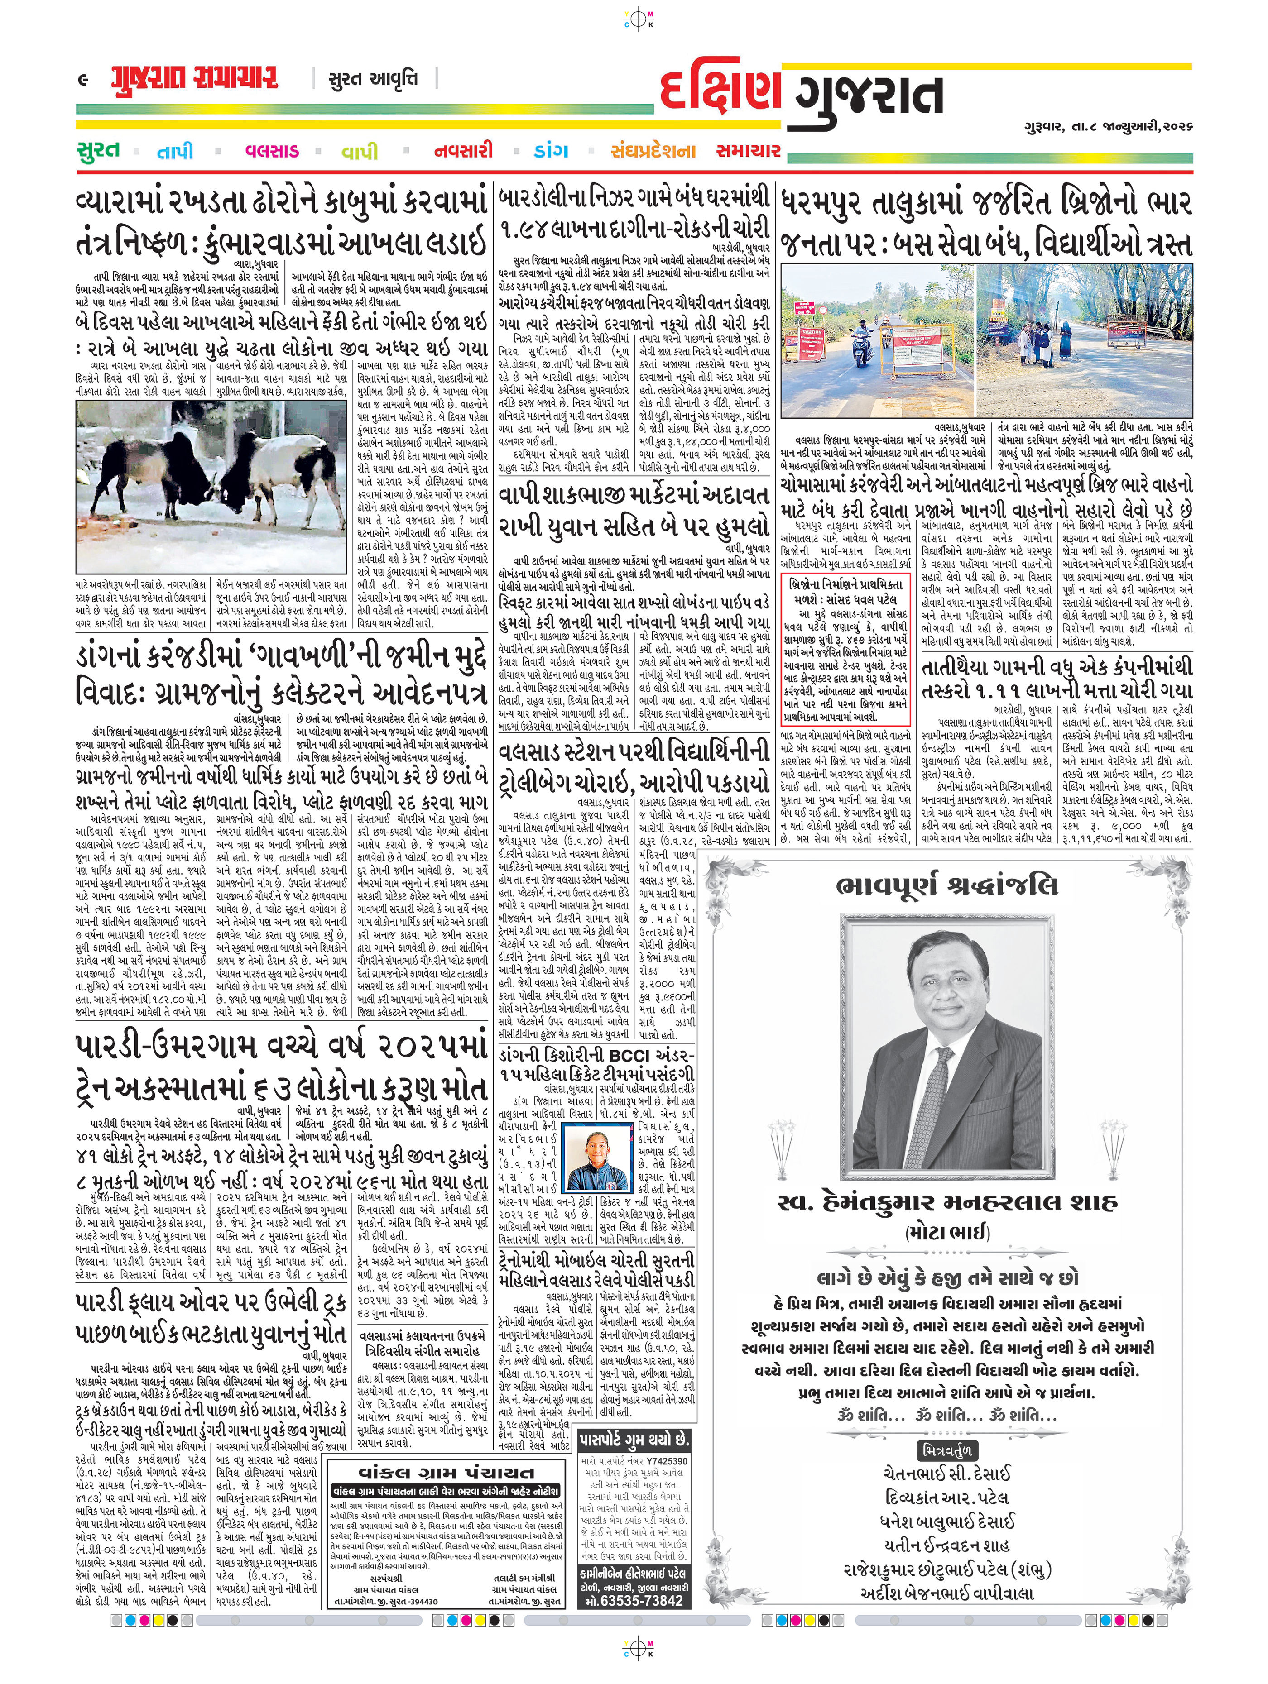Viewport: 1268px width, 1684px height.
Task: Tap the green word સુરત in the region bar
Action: (x=99, y=150)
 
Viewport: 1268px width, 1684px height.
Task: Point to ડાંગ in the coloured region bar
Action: (x=552, y=151)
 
